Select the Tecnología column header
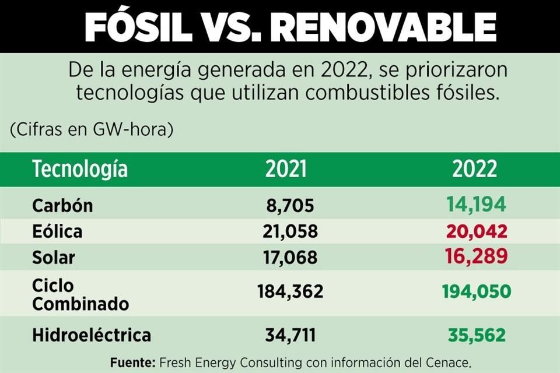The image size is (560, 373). click(80, 169)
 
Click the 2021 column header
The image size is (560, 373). click(286, 169)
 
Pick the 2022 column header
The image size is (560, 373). click(474, 169)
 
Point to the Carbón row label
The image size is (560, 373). click(62, 206)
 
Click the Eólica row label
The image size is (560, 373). click(57, 232)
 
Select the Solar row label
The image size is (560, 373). click(54, 257)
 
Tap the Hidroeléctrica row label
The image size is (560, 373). click(92, 335)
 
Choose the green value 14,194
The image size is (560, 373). click(476, 205)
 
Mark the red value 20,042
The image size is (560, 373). click(477, 231)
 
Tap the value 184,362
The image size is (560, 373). click(290, 291)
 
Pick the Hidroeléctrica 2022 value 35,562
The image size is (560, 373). click(477, 335)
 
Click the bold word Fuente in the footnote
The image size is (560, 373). click(132, 363)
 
